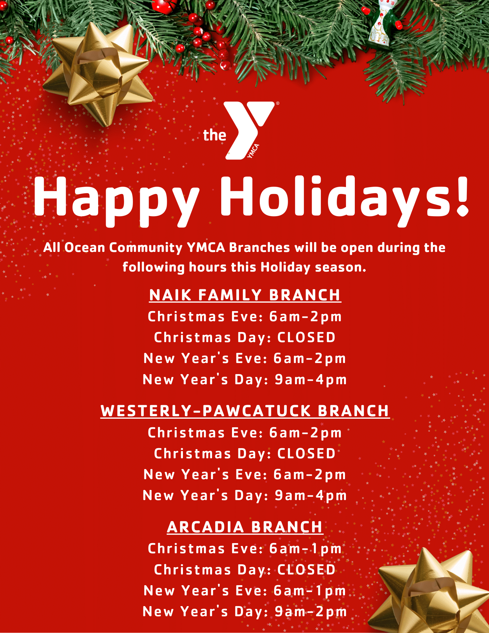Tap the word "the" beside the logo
coord(215,135)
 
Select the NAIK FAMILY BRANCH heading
coord(245,295)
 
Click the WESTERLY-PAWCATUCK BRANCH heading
coord(245,411)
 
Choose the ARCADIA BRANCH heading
coord(245,527)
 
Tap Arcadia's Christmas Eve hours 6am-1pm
coord(305,549)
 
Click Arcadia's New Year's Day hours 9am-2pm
coord(311,612)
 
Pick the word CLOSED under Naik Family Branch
coord(306,337)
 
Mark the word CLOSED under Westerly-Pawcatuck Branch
coord(306,454)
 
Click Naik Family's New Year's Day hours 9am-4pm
coord(311,380)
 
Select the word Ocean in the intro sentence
coord(85,248)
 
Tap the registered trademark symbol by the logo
coord(278,103)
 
